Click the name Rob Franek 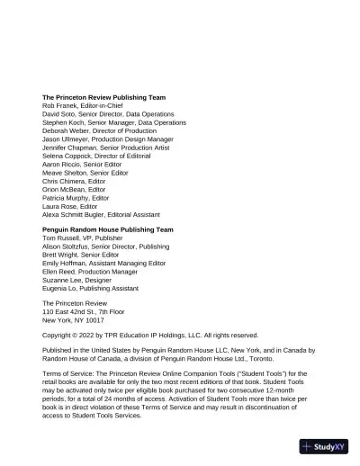[61, 105]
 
